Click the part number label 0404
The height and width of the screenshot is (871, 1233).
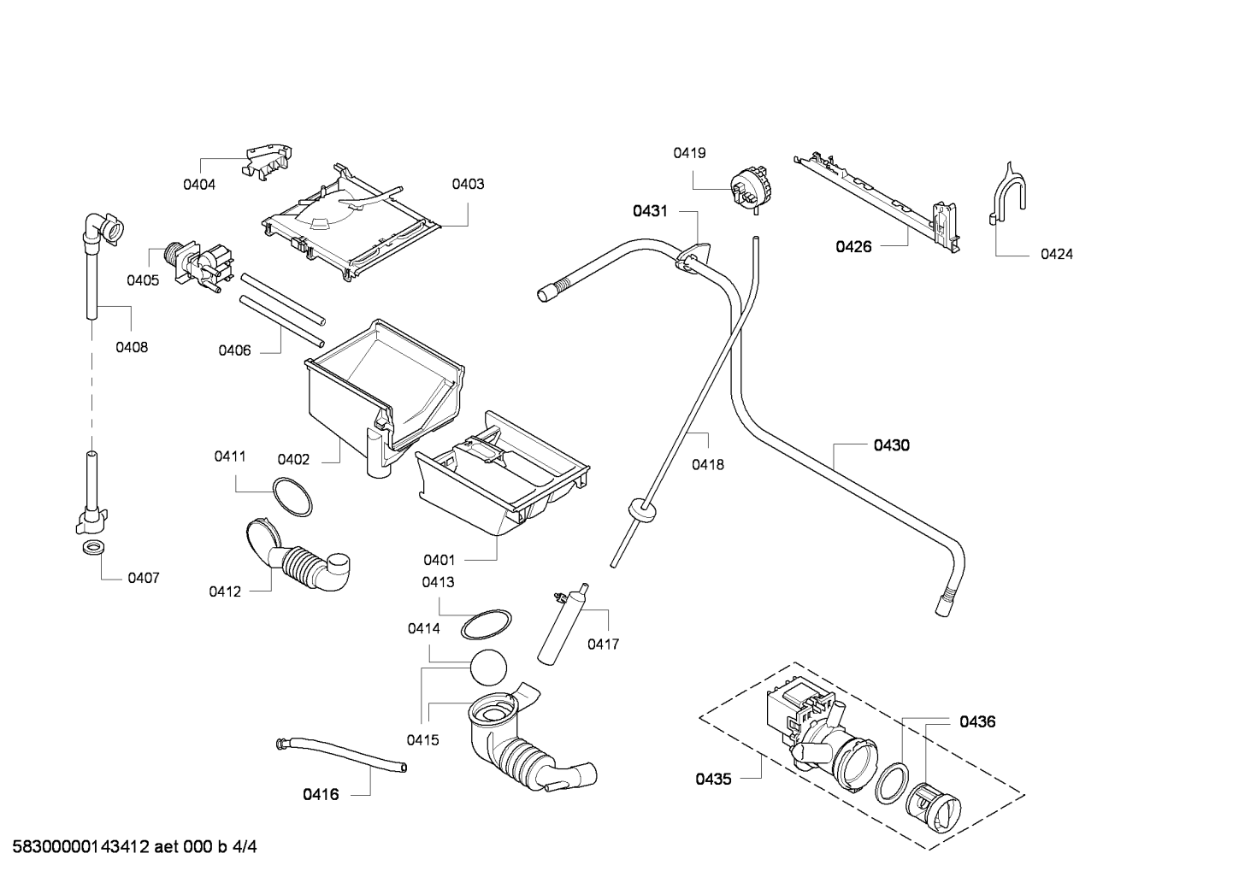[198, 185]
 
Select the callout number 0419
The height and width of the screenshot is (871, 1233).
[689, 153]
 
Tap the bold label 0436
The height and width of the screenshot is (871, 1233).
[977, 721]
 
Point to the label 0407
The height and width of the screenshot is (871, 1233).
[144, 578]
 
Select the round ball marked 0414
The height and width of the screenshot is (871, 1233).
[488, 668]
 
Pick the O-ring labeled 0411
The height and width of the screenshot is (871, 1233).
[292, 497]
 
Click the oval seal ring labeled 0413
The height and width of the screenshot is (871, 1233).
[485, 625]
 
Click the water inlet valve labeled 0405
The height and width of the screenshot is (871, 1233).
[198, 267]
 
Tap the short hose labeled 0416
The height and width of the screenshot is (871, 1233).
[340, 755]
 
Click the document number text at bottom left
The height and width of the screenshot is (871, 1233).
[134, 846]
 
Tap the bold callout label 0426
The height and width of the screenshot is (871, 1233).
[853, 246]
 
